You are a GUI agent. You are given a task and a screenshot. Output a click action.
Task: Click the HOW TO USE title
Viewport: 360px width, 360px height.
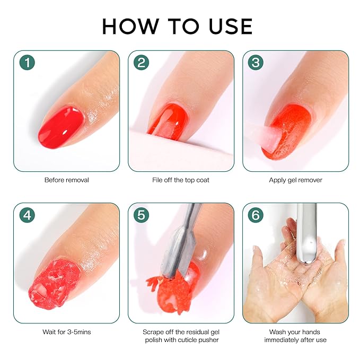178,26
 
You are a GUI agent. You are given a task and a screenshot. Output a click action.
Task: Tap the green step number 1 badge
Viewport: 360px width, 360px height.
27,63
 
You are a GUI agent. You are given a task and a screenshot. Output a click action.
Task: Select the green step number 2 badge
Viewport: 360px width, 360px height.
142,63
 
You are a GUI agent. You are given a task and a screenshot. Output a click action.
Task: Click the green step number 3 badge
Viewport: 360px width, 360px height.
256,63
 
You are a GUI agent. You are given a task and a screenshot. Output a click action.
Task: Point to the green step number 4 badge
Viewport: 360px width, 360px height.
27,215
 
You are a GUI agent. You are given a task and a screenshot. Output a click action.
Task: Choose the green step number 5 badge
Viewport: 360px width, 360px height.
142,215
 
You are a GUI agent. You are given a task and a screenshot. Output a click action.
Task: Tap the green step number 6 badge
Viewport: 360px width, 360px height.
256,215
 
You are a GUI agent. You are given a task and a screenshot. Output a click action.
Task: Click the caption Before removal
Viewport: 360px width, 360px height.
66,180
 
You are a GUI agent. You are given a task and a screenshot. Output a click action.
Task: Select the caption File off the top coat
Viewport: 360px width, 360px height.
181,180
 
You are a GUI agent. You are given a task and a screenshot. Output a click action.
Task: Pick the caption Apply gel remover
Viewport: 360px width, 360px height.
295,180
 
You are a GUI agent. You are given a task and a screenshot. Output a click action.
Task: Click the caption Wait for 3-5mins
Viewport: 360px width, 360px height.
66,332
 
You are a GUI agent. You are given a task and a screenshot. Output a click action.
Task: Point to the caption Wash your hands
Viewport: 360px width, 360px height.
295,332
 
